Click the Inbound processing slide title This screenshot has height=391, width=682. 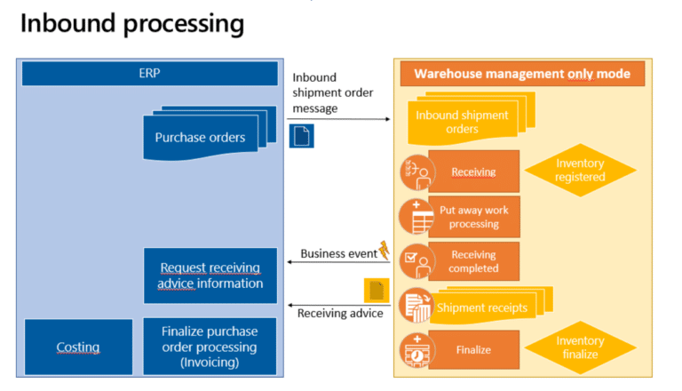132,24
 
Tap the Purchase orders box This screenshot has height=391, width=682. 200,137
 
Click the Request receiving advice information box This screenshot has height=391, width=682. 210,275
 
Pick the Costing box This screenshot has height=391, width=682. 78,347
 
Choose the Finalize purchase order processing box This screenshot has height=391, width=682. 210,347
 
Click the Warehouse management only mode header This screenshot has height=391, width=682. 522,74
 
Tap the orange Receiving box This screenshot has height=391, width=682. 473,172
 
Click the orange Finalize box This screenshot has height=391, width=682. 473,350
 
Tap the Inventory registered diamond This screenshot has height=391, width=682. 580,171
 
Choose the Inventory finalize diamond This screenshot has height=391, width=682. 580,347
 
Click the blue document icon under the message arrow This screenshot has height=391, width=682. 301,136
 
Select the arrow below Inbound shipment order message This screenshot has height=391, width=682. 338,118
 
